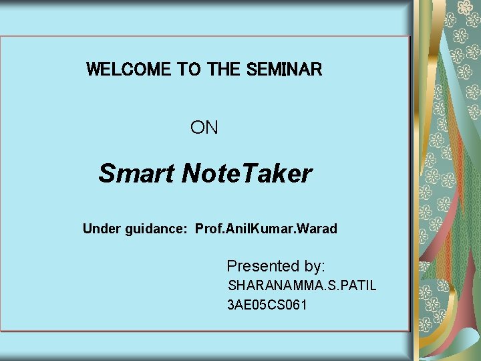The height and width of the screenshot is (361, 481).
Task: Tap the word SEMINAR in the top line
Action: (x=284, y=69)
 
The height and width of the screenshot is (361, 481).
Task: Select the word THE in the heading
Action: (x=224, y=69)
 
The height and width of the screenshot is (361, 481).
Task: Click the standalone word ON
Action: (x=204, y=127)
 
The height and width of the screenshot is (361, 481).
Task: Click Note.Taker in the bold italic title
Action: (x=247, y=174)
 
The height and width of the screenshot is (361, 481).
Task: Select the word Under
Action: (x=102, y=229)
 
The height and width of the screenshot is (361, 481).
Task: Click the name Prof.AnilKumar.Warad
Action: (x=266, y=229)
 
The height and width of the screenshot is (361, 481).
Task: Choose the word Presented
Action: (x=265, y=266)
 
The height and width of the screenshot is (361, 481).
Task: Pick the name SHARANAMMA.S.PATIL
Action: (x=302, y=286)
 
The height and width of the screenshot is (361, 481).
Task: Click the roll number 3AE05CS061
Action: (x=267, y=306)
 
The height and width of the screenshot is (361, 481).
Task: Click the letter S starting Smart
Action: (x=107, y=174)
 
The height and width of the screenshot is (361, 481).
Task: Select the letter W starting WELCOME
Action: (x=94, y=69)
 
